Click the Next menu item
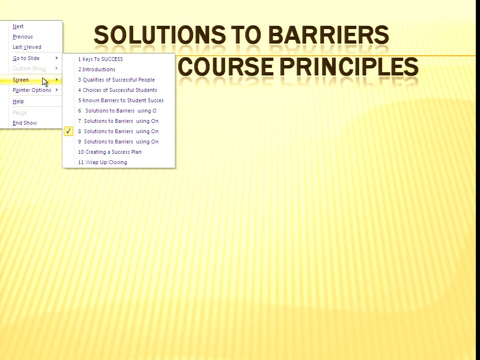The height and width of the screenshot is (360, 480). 18,26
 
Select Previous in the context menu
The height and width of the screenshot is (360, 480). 22,37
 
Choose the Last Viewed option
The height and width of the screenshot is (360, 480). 27,47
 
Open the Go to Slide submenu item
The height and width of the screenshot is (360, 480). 26,58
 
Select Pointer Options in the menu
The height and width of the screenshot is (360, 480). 32,90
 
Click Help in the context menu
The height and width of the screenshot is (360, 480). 18,101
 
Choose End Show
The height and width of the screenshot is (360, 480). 25,123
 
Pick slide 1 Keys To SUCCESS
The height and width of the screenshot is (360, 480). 100,59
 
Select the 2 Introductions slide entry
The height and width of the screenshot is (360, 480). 97,69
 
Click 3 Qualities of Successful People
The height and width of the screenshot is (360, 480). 116,80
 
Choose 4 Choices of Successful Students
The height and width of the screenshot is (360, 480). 118,90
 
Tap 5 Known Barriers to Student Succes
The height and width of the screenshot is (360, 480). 121,100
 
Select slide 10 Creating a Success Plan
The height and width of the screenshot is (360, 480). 110,152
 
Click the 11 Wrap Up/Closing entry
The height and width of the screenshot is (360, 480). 103,162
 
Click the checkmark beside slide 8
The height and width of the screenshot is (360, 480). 68,131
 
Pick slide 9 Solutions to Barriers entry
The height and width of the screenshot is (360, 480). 118,142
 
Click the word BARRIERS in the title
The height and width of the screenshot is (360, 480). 329,35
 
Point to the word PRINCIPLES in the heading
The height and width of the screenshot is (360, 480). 349,67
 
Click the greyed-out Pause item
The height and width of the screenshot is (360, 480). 20,112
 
